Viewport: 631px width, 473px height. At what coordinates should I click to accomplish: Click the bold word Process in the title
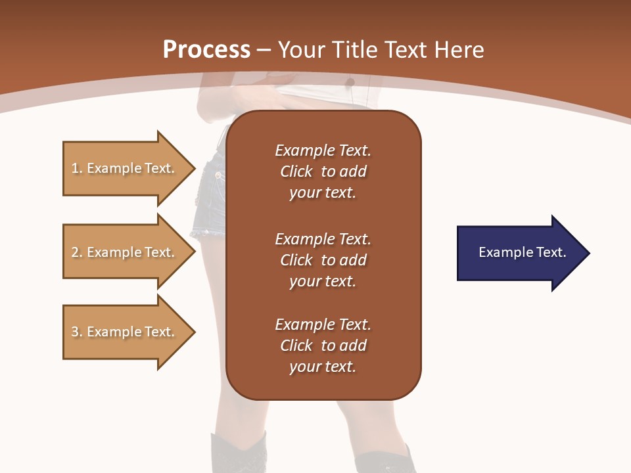pyautogui.click(x=206, y=50)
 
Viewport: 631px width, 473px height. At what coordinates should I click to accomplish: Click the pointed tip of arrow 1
pyautogui.click(x=192, y=168)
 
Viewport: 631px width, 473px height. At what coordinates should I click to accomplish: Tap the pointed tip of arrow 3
pyautogui.click(x=192, y=332)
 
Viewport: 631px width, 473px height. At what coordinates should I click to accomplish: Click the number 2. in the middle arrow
pyautogui.click(x=77, y=252)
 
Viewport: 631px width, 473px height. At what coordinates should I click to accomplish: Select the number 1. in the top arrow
pyautogui.click(x=77, y=168)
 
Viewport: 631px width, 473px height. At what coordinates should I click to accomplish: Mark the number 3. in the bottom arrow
pyautogui.click(x=77, y=332)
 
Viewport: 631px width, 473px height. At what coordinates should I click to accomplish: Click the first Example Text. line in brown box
pyautogui.click(x=323, y=150)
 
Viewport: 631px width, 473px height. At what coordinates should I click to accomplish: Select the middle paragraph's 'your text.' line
pyautogui.click(x=323, y=281)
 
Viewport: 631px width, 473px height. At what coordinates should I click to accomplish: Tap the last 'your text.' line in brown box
pyautogui.click(x=323, y=367)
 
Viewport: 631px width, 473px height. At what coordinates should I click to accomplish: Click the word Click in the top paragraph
pyautogui.click(x=296, y=171)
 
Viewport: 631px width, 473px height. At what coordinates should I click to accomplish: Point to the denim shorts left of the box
pyautogui.click(x=210, y=197)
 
